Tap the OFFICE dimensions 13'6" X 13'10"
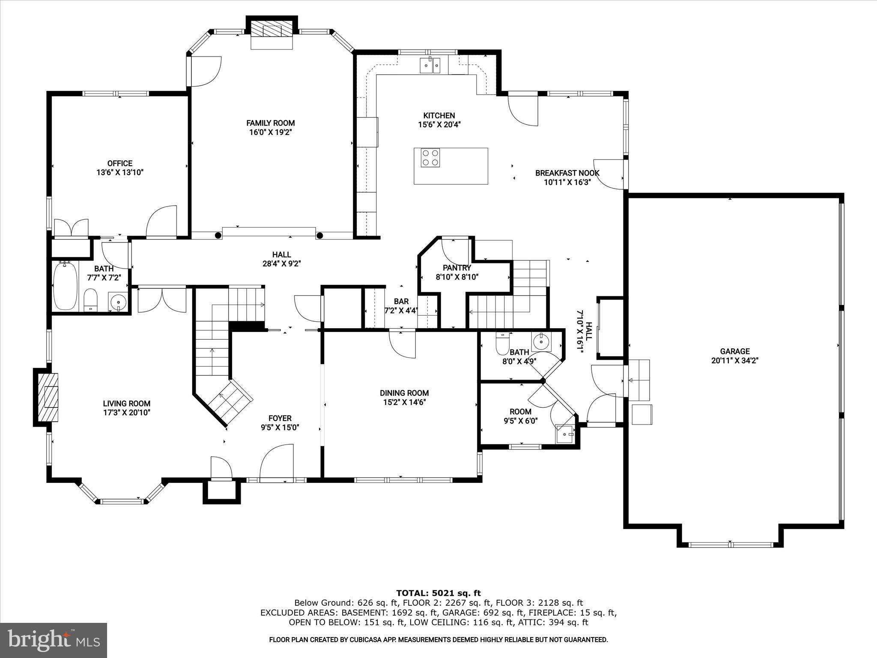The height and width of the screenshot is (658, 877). (x=120, y=173)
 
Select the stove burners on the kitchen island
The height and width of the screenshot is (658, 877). (x=430, y=157)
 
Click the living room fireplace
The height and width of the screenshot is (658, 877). (x=47, y=397)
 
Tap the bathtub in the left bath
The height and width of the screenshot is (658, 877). (x=65, y=286)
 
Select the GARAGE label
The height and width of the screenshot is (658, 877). (x=735, y=352)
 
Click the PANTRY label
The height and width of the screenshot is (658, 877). (x=457, y=268)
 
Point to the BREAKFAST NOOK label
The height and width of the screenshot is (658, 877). (x=567, y=173)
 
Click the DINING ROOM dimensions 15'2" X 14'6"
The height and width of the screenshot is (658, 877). (x=404, y=402)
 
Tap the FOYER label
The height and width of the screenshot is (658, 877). (x=280, y=418)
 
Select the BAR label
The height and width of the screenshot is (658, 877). (x=401, y=301)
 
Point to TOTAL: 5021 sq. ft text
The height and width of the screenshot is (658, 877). (x=438, y=593)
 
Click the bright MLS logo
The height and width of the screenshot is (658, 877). (x=54, y=640)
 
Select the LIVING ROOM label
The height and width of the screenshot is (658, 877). (x=126, y=403)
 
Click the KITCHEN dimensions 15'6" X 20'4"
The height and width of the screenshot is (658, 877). (x=439, y=125)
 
